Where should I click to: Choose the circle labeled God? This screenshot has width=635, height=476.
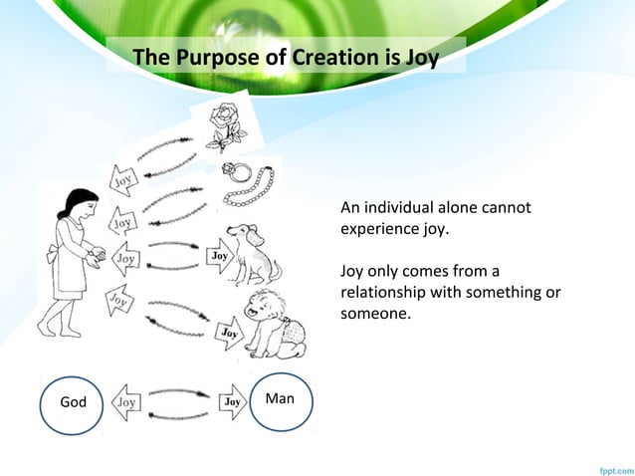click(75, 403)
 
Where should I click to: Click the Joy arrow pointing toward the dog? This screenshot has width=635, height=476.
click(220, 257)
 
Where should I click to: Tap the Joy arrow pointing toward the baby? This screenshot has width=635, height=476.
click(228, 331)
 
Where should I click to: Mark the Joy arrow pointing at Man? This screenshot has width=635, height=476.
click(232, 402)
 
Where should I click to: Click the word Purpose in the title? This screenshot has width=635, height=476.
click(217, 58)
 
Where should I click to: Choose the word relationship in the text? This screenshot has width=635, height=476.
click(384, 293)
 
